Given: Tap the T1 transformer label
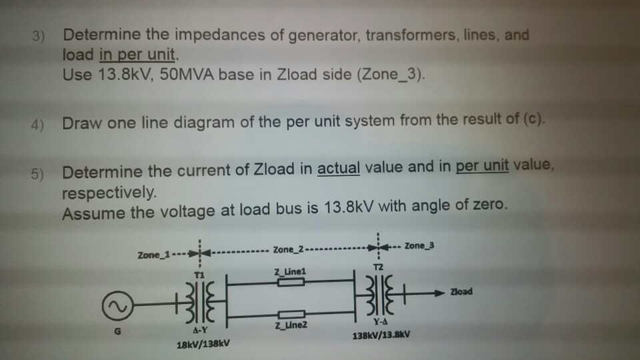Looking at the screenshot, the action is (x=197, y=275).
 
